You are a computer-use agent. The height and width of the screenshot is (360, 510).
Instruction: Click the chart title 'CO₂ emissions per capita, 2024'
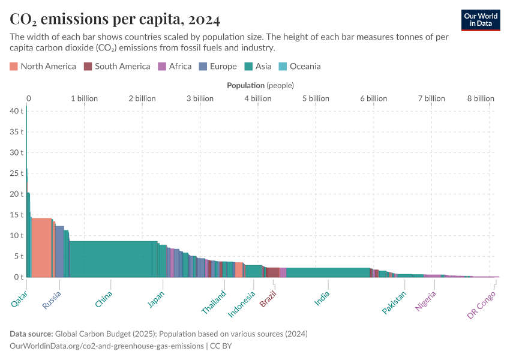115,19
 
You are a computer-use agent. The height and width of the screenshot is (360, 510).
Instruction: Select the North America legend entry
43,66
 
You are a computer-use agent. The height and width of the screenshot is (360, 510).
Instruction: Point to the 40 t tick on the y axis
16,111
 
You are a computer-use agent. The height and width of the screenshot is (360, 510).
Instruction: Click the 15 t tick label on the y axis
16,215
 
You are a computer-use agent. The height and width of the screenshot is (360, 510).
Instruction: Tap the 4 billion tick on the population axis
257,98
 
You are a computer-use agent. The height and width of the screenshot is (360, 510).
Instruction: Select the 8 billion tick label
481,98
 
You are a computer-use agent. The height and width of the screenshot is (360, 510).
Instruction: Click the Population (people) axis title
260,85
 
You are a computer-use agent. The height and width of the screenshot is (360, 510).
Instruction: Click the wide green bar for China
111,259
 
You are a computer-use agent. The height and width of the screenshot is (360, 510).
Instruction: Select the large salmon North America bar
41,247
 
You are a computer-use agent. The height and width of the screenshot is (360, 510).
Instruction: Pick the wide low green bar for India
327,272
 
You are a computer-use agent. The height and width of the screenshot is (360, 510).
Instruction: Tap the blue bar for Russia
59,251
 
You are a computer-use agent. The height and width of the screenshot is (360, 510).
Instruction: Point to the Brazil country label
268,298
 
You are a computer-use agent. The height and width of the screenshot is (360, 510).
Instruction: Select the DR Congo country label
481,305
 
